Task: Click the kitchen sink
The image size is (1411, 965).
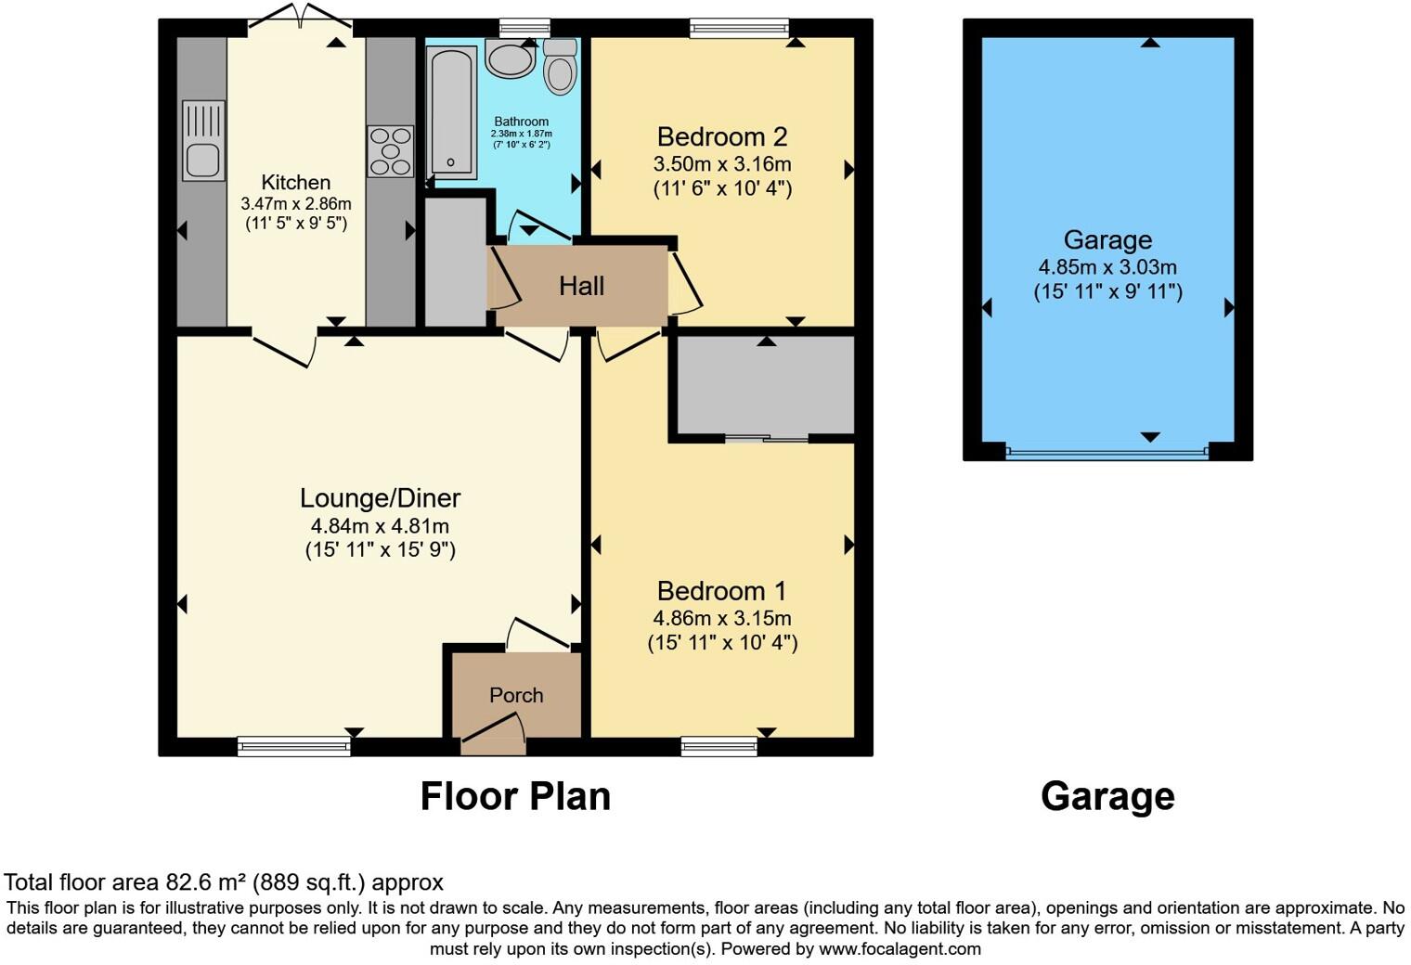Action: point(202,140)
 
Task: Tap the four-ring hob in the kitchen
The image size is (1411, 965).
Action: point(391,150)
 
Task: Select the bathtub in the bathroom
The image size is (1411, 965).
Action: point(451,111)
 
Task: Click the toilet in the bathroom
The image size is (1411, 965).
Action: point(560,67)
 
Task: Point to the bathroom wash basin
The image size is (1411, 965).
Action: point(510,58)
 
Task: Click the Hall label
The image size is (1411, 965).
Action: point(581,286)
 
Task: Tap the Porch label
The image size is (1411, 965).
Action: point(516,695)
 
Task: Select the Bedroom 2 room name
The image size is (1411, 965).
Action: point(722,137)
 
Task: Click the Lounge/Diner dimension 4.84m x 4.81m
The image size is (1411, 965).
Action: point(380,526)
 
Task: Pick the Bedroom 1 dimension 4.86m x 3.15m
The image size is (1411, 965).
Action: point(722,618)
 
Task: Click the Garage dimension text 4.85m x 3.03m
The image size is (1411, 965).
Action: point(1107,267)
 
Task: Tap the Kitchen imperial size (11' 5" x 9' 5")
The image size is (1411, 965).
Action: point(296,224)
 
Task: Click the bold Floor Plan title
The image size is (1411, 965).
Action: point(515,796)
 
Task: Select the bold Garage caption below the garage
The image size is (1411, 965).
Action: point(1107,796)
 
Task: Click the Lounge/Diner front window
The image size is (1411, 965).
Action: point(293,745)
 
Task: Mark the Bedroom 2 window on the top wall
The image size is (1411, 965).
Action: point(739,28)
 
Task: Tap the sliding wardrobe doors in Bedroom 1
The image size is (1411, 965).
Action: point(766,438)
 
